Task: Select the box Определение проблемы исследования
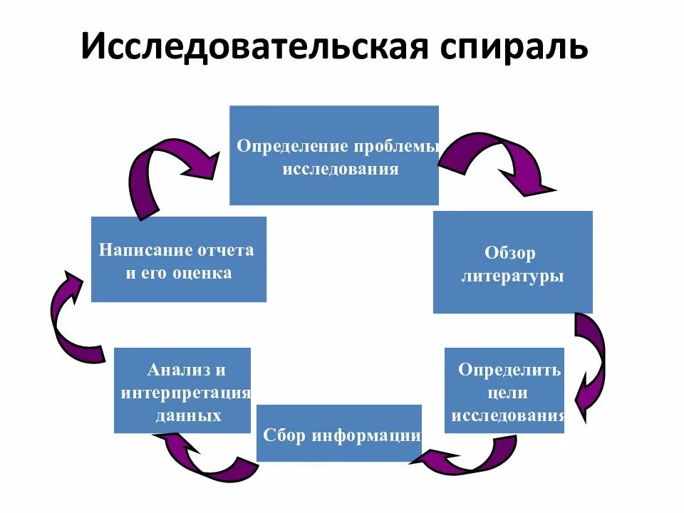[333, 155]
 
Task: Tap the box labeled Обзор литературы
[512, 262]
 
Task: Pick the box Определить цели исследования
[504, 390]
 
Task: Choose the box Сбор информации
[338, 433]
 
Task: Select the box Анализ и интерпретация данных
[182, 390]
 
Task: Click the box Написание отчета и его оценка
[179, 259]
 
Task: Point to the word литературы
[512, 276]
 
